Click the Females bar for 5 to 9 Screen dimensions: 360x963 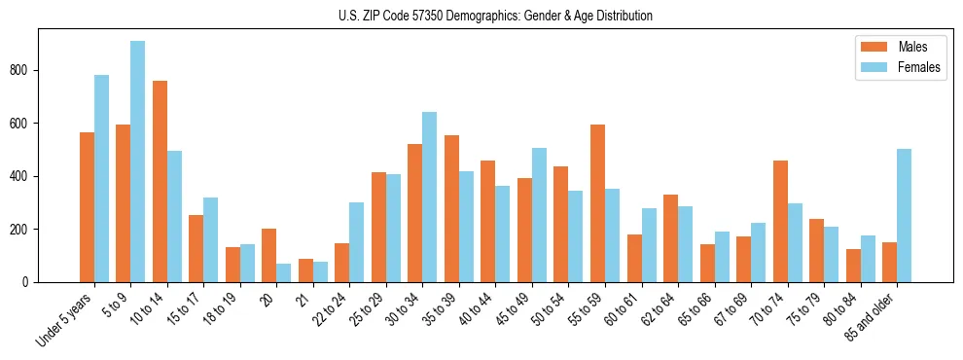click(x=137, y=162)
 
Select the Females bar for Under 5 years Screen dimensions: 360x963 click(x=101, y=179)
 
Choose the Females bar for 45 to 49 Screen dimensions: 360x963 click(x=539, y=215)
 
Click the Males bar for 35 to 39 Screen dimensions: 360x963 click(x=451, y=209)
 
